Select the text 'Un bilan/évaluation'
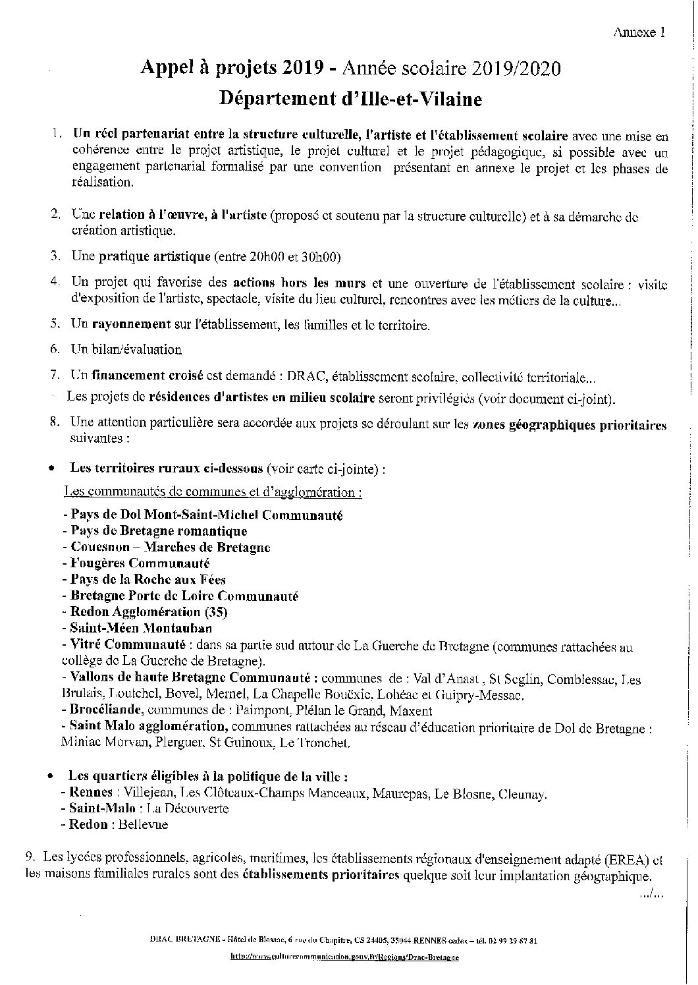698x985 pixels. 126,350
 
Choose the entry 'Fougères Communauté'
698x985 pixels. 136,563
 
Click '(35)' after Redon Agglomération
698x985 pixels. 215,612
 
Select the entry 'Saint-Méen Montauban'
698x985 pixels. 137,629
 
